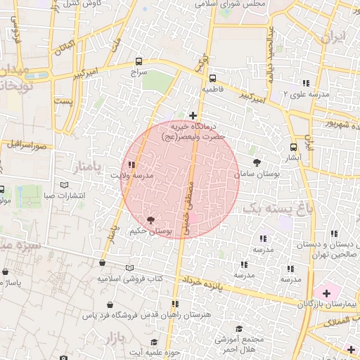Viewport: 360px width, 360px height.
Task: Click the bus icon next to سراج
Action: click(139, 62)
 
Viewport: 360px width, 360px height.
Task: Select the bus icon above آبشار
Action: click(293, 148)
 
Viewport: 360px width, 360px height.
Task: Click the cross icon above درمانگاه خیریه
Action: click(193, 115)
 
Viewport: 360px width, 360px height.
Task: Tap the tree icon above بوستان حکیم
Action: click(150, 220)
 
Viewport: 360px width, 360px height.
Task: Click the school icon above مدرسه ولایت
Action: click(133, 165)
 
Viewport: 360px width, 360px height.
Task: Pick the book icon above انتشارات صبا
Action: click(65, 186)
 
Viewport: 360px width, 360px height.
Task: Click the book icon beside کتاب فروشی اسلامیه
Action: click(129, 268)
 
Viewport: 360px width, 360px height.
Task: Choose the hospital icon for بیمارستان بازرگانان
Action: click(326, 292)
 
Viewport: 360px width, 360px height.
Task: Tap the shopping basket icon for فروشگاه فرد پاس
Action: click(110, 306)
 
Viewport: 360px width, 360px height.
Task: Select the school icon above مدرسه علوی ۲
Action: click(305, 83)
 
